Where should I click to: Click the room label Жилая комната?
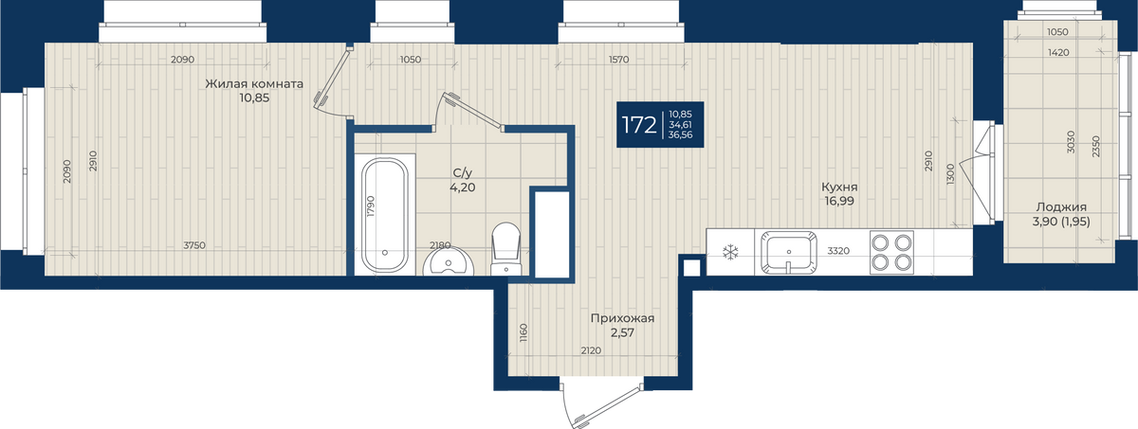pyautogui.click(x=254, y=83)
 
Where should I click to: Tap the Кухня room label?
pyautogui.click(x=839, y=188)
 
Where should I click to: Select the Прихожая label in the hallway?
pyautogui.click(x=622, y=318)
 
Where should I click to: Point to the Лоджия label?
pyautogui.click(x=1061, y=206)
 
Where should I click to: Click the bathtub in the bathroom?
pyautogui.click(x=385, y=215)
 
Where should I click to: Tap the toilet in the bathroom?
pyautogui.click(x=506, y=248)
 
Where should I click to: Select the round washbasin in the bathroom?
pyautogui.click(x=448, y=262)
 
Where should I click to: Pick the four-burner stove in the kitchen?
pyautogui.click(x=891, y=252)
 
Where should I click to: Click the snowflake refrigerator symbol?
pyautogui.click(x=730, y=252)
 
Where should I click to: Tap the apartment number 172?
pyautogui.click(x=639, y=125)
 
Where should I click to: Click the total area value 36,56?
pyautogui.click(x=680, y=134)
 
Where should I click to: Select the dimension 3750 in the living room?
pyautogui.click(x=194, y=245)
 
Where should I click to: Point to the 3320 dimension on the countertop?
pyautogui.click(x=838, y=251)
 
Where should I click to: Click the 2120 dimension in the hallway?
pyautogui.click(x=591, y=350)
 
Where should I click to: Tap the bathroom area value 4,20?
pyautogui.click(x=463, y=188)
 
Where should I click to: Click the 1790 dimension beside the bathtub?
pyautogui.click(x=371, y=206)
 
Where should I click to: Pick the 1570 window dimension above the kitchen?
pyautogui.click(x=618, y=60)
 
